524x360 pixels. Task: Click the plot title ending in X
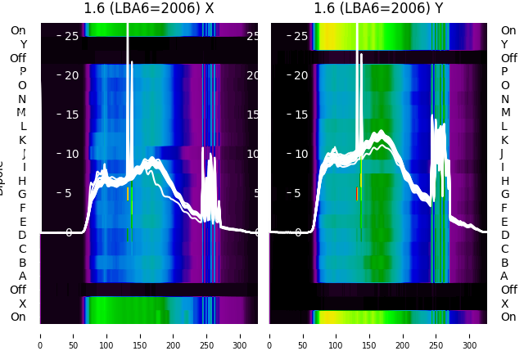click(x=149, y=9)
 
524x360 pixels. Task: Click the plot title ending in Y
click(x=378, y=9)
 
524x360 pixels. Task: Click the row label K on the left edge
click(x=23, y=140)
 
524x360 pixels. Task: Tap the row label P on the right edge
click(x=504, y=72)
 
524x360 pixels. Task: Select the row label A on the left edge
click(x=23, y=276)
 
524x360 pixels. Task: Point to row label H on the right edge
click(x=504, y=181)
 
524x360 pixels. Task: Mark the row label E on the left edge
click(x=23, y=222)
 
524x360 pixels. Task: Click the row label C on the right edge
click(x=504, y=249)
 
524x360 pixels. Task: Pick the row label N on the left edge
click(x=22, y=99)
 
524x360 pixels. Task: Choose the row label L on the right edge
click(x=504, y=126)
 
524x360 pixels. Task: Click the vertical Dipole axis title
click(x=2, y=180)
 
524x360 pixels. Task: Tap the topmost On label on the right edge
click(x=508, y=31)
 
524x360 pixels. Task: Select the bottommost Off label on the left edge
click(x=18, y=290)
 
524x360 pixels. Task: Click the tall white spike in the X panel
click(x=128, y=65)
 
